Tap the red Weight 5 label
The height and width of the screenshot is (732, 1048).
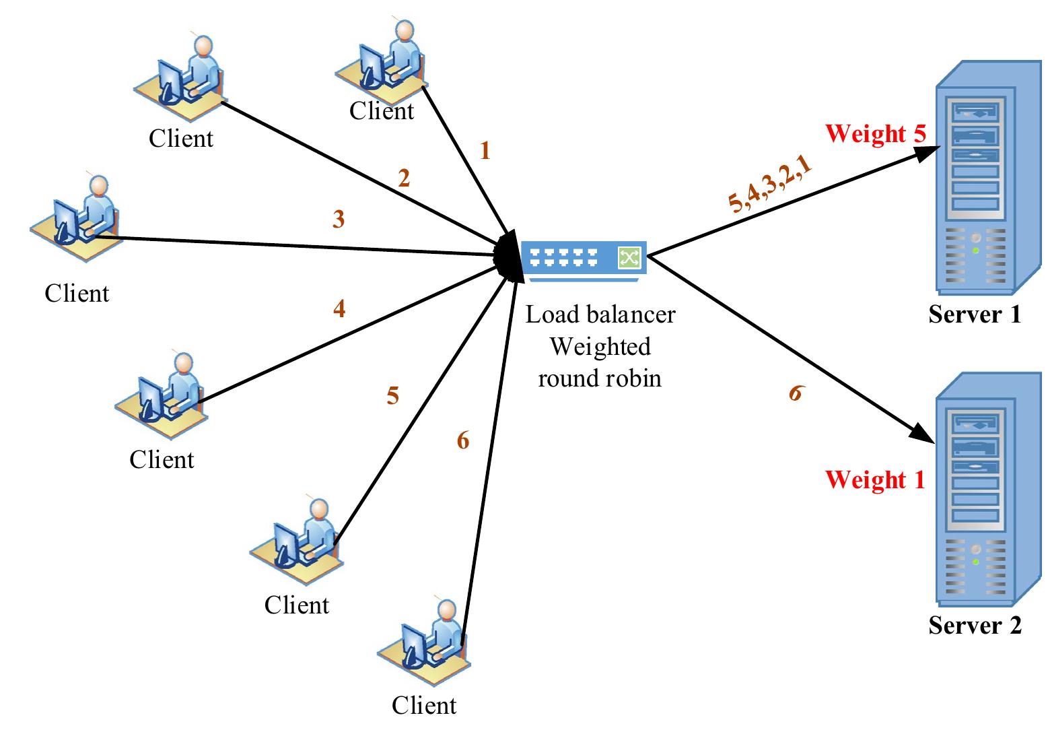click(875, 133)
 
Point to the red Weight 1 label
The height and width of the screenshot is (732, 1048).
click(875, 479)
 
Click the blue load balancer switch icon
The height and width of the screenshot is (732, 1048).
click(584, 258)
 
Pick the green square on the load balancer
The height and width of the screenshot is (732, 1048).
click(629, 257)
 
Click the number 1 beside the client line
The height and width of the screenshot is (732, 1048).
click(485, 151)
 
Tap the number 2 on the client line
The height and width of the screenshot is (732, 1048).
click(404, 178)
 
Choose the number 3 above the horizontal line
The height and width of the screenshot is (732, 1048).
click(339, 219)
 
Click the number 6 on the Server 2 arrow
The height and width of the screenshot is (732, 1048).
click(796, 393)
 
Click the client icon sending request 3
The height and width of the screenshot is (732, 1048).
click(75, 218)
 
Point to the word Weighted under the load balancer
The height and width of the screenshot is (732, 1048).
click(600, 346)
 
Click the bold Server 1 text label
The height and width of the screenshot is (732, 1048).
click(975, 314)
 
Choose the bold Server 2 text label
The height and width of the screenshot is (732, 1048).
click(975, 626)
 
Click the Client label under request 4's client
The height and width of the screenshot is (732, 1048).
click(162, 459)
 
